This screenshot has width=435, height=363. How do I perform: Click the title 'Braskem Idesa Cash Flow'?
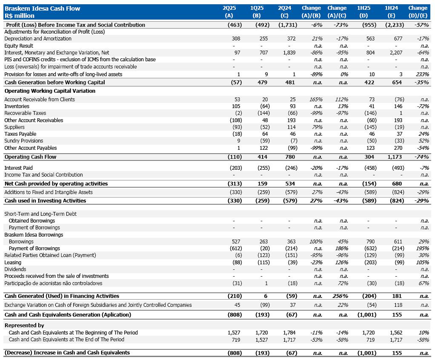click(x=42, y=8)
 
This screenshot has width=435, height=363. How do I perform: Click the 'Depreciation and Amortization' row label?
click(x=38, y=39)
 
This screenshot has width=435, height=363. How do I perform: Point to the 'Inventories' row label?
click(x=17, y=106)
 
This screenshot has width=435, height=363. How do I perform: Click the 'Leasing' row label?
click(x=12, y=263)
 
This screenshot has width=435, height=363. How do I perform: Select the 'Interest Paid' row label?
click(x=19, y=168)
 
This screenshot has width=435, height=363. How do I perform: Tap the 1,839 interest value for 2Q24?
click(x=289, y=53)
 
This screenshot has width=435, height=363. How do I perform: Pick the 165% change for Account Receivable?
click(x=315, y=100)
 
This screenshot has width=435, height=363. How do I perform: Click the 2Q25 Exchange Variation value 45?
click(x=237, y=305)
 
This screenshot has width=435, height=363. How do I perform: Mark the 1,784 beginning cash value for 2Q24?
click(x=289, y=333)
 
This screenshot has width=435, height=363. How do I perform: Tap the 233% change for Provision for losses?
click(x=423, y=74)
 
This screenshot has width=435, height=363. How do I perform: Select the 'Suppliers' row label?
click(x=14, y=127)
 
